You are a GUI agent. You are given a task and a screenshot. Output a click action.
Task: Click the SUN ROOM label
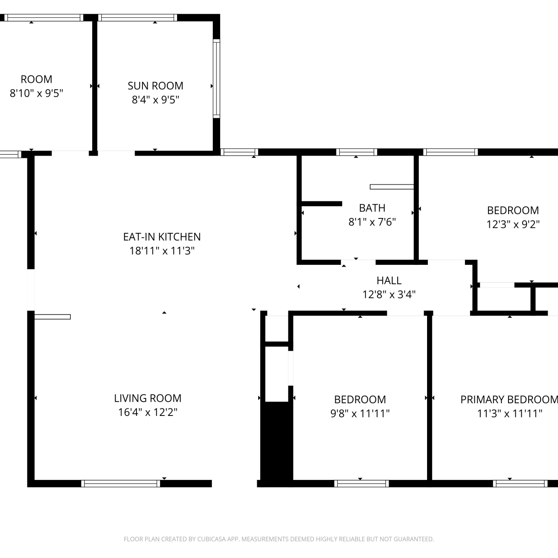[x=155, y=86]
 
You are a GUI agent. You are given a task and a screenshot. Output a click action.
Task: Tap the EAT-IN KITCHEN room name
[x=162, y=237]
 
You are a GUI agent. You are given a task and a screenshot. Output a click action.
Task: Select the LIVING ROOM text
[x=148, y=398]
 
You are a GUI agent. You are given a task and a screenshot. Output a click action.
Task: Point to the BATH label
[x=372, y=208]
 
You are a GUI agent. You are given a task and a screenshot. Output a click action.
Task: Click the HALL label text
[x=389, y=280]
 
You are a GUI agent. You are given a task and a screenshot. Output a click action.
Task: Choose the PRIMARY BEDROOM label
[x=509, y=400]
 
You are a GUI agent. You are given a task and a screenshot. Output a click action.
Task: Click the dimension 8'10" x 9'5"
[x=36, y=93]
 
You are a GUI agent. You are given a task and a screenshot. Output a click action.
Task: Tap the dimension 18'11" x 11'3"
[x=162, y=251]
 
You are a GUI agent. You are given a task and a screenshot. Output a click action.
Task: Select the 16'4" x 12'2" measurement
[x=148, y=412]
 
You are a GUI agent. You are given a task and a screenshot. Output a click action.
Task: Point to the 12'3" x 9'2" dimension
[x=513, y=224]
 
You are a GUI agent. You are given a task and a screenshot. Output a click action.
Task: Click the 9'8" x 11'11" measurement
[x=360, y=413]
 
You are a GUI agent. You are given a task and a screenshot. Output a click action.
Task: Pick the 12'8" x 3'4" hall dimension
[x=389, y=294]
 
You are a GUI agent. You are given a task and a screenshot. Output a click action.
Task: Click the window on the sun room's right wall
[x=217, y=78]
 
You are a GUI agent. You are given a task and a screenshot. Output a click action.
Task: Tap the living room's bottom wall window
[x=121, y=484]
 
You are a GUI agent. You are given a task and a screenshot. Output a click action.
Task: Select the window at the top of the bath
[x=356, y=152]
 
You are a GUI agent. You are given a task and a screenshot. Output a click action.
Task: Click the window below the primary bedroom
[x=520, y=484]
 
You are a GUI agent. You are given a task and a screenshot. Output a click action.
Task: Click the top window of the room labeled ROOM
[x=44, y=17]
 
